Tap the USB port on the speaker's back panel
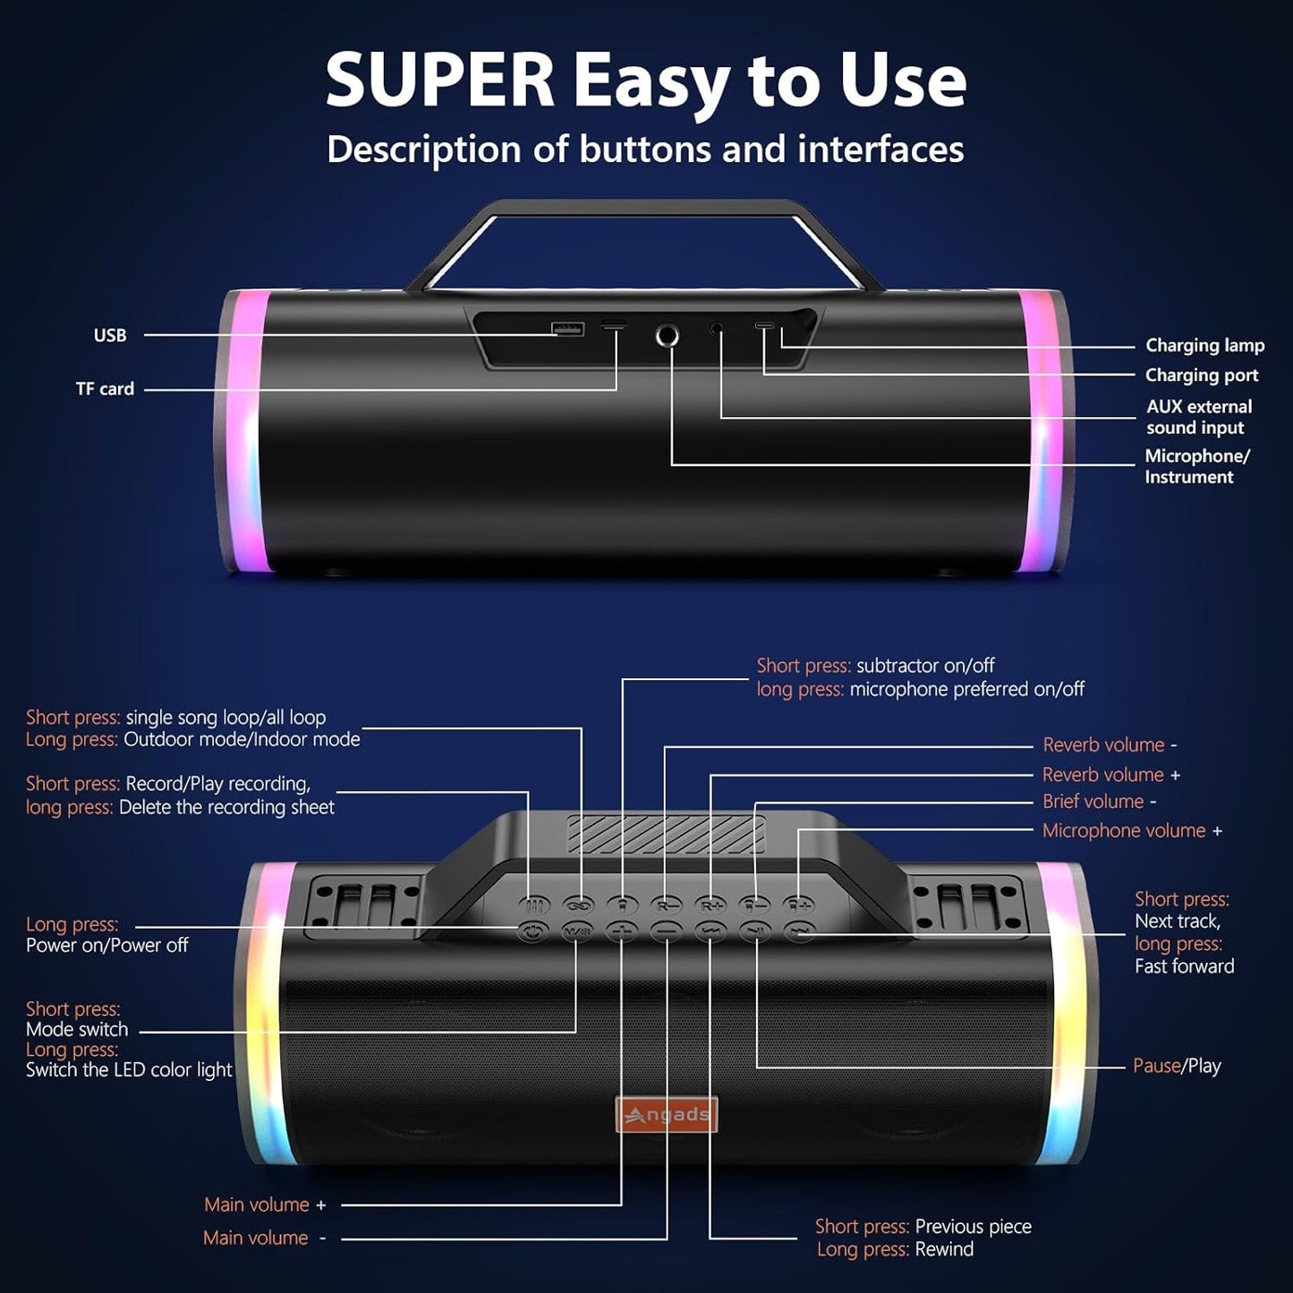pyautogui.click(x=567, y=328)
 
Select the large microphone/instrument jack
pyautogui.click(x=667, y=335)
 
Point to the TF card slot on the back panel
pyautogui.click(x=613, y=326)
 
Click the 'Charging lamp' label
pyautogui.click(x=1204, y=345)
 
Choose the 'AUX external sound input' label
pyautogui.click(x=1198, y=417)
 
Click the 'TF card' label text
pyautogui.click(x=105, y=388)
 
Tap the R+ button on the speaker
pyautogui.click(x=711, y=906)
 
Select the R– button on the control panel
pyautogui.click(x=668, y=906)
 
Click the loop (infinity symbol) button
pyautogui.click(x=578, y=906)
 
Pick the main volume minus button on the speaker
pyautogui.click(x=667, y=931)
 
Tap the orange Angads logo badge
pyautogui.click(x=667, y=1115)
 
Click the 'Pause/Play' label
pyautogui.click(x=1177, y=1066)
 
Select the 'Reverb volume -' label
pyautogui.click(x=1110, y=744)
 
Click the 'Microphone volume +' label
pyautogui.click(x=1133, y=830)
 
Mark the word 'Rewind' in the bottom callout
pyautogui.click(x=944, y=1249)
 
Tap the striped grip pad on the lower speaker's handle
pyautogui.click(x=667, y=834)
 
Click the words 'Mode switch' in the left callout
pyautogui.click(x=77, y=1029)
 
